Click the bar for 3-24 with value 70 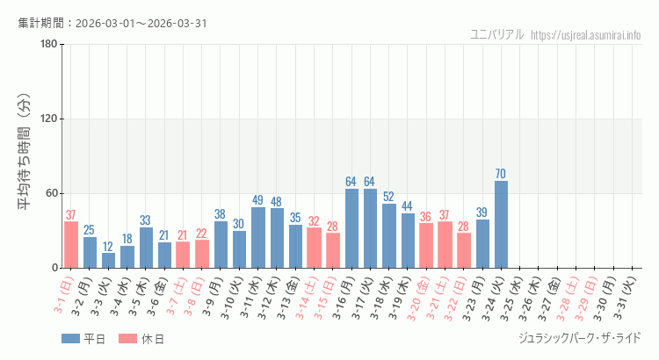coord(501,225)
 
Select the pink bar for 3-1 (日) coord(71,245)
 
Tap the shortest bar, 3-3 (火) coord(108,261)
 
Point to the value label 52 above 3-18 coord(388,197)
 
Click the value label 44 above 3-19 coord(408,206)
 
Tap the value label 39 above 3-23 coord(482,212)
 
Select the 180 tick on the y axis coord(48,45)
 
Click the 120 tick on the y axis coord(48,119)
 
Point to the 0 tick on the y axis coord(54,268)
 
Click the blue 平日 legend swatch coord(70,338)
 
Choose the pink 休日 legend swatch coord(127,338)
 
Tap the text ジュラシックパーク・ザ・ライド coord(581,338)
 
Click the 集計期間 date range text coord(112,23)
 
